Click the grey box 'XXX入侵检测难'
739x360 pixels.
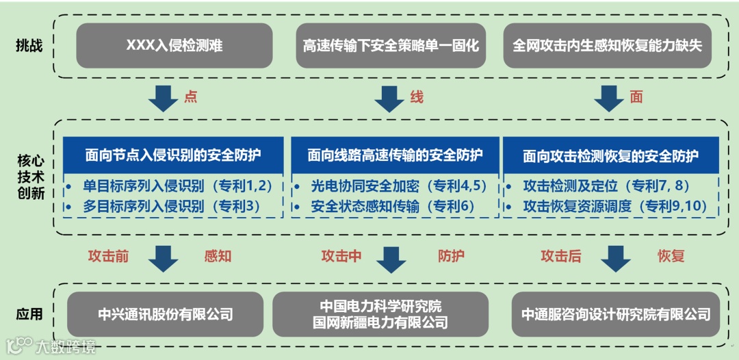tap(174, 46)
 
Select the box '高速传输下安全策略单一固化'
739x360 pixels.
tap(391, 46)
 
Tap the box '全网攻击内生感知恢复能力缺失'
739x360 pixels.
tap(608, 46)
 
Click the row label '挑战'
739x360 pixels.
tap(29, 46)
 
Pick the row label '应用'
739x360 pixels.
tap(29, 315)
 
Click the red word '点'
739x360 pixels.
tap(190, 97)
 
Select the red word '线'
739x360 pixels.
tap(417, 97)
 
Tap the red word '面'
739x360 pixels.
tap(636, 97)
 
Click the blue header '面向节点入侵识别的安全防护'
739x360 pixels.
tap(173, 155)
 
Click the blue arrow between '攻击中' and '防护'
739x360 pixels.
tap(391, 259)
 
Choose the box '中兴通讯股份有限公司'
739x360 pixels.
tap(165, 314)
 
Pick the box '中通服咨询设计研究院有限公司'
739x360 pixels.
tap(616, 314)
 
